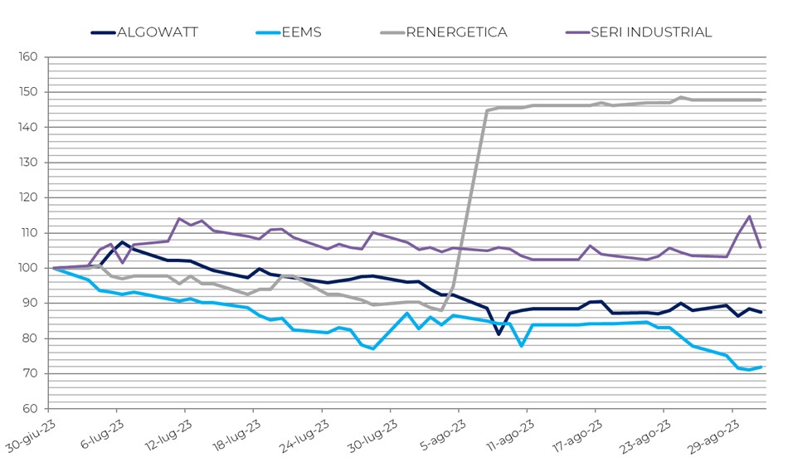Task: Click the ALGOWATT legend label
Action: (x=158, y=32)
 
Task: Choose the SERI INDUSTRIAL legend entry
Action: (x=651, y=32)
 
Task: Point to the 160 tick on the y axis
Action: (x=28, y=57)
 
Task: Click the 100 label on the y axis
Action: (x=28, y=268)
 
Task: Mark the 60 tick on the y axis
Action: (x=30, y=409)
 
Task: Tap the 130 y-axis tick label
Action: (x=28, y=163)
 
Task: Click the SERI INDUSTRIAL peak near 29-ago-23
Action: (x=749, y=216)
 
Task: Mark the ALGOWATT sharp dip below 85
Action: (x=499, y=334)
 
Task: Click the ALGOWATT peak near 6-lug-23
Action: (x=123, y=242)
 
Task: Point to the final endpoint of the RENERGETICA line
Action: (x=761, y=100)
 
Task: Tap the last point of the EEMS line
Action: (x=761, y=367)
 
